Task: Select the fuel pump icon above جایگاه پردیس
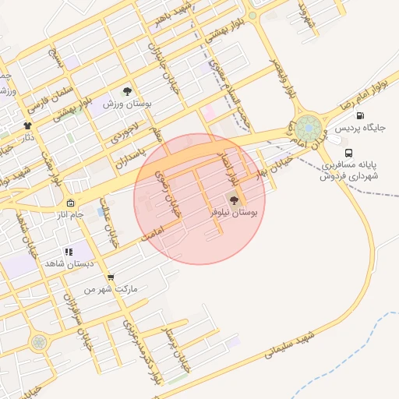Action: pyautogui.click(x=359, y=116)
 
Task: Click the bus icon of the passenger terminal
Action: pyautogui.click(x=348, y=154)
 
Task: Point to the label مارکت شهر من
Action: pyautogui.click(x=110, y=288)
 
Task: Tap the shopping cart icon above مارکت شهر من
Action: pyautogui.click(x=111, y=277)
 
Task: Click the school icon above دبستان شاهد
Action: pyautogui.click(x=69, y=252)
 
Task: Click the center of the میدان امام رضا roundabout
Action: pyautogui.click(x=308, y=127)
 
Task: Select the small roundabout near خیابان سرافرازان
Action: pyautogui.click(x=37, y=341)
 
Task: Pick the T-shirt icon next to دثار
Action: pyautogui.click(x=28, y=125)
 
